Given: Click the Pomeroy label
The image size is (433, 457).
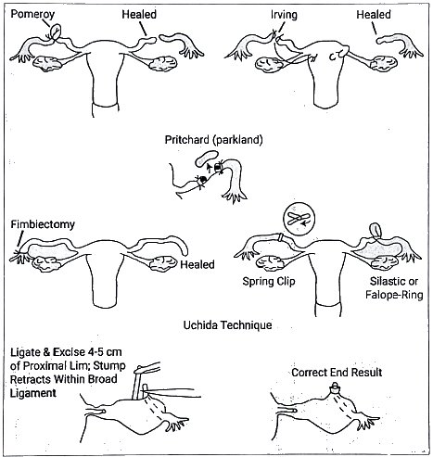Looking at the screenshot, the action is click(32, 14).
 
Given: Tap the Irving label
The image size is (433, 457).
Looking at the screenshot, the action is click(284, 15).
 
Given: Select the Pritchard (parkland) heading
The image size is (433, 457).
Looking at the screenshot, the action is click(213, 140).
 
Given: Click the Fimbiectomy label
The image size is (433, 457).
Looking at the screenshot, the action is click(43, 224).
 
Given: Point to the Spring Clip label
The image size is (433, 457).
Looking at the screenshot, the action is click(269, 282).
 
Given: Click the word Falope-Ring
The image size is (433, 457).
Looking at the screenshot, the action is click(394, 295).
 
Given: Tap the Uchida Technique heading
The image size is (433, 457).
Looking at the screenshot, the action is click(228, 325).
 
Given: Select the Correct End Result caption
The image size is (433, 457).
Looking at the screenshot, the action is click(337, 373).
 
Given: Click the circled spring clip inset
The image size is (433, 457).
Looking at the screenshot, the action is click(299, 219).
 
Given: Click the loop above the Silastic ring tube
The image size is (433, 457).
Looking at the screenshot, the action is click(376, 230).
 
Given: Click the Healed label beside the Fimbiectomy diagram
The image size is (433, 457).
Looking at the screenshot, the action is click(197, 265).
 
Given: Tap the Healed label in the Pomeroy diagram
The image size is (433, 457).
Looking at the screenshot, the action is click(139, 15).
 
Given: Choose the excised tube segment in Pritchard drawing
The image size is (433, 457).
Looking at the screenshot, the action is click(207, 158).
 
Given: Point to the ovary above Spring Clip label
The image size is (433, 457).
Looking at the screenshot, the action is click(271, 263).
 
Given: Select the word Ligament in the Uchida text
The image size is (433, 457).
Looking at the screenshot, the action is click(33, 393).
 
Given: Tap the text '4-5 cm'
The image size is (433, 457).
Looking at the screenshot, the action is click(104, 352).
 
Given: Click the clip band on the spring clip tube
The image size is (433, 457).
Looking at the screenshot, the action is click(280, 237).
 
